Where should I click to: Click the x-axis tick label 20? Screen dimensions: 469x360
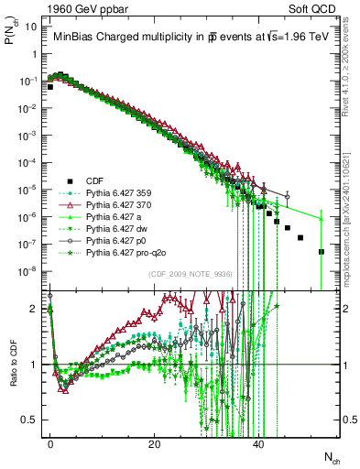[155, 443]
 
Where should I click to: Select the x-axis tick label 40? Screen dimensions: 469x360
[259, 443]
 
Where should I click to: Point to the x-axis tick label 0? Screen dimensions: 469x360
[50, 443]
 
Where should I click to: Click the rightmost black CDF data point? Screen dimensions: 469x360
[322, 251]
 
